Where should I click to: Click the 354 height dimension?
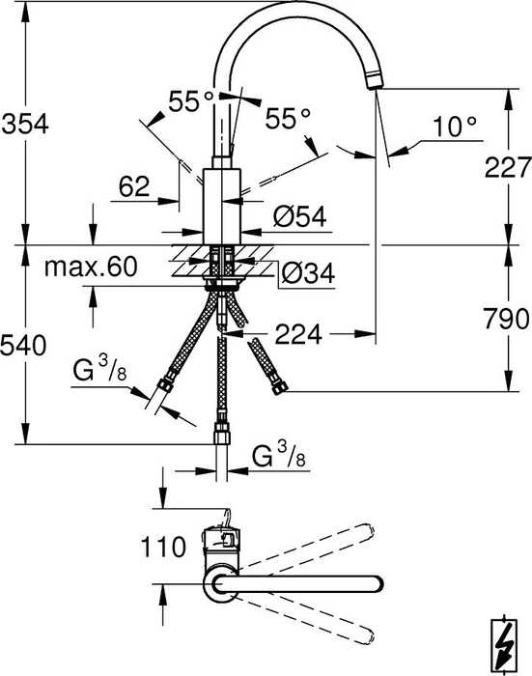(x=25, y=125)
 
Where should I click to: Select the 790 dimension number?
(x=506, y=319)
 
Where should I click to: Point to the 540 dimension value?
(x=23, y=346)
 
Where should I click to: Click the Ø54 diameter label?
(x=300, y=216)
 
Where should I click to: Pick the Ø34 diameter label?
(x=308, y=273)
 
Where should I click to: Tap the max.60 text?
(x=91, y=267)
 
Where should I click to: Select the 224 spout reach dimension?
(x=298, y=334)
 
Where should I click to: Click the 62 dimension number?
(x=134, y=186)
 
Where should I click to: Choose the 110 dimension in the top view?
(x=163, y=548)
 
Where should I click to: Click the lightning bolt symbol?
(x=505, y=644)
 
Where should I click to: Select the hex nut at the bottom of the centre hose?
(x=222, y=435)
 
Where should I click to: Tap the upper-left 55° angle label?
(x=190, y=101)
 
